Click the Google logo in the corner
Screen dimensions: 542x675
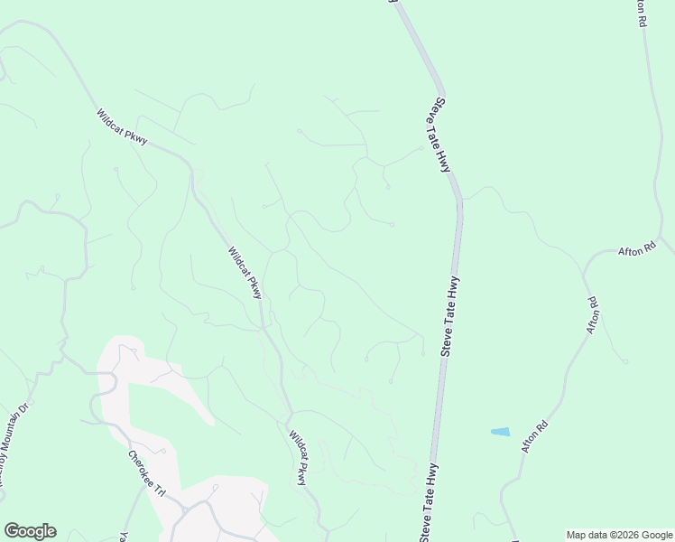click(x=30, y=530)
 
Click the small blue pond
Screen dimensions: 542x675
click(x=500, y=432)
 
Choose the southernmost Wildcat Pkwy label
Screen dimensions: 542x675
click(x=299, y=458)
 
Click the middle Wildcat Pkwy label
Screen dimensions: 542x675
click(x=245, y=273)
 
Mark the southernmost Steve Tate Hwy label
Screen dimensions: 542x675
click(x=429, y=502)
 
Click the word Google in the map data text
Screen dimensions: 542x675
click(x=656, y=535)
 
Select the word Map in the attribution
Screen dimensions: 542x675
click(x=578, y=535)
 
